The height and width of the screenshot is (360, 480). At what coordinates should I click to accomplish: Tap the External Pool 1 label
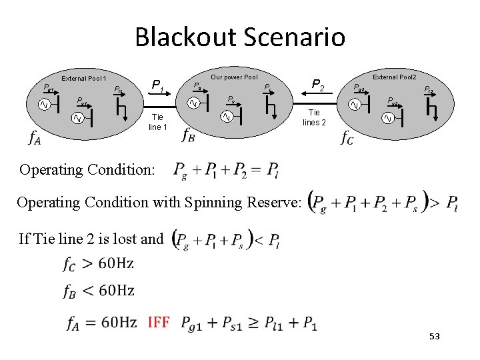click(x=84, y=79)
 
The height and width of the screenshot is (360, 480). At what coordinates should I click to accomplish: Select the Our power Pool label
click(x=234, y=77)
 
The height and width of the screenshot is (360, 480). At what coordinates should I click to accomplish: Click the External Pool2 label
click(x=393, y=77)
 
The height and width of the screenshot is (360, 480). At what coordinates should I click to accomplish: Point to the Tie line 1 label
click(x=157, y=122)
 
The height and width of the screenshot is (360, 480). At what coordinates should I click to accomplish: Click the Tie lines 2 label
click(x=314, y=118)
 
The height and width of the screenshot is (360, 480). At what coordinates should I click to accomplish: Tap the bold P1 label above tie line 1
click(x=157, y=85)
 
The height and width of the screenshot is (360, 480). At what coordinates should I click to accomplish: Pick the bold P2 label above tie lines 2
click(x=317, y=85)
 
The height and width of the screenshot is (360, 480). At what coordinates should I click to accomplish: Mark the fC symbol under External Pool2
click(x=347, y=137)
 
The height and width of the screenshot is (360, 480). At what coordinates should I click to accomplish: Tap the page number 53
click(x=434, y=337)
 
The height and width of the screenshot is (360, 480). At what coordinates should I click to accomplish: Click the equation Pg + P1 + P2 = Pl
click(x=226, y=169)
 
